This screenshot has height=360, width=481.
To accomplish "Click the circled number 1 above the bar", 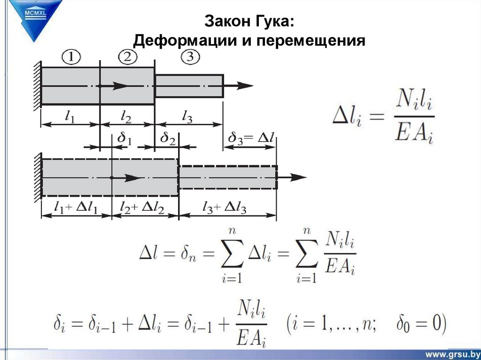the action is [71, 58].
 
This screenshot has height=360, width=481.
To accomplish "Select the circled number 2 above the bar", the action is [127, 58].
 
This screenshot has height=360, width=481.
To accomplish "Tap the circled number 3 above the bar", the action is [189, 58].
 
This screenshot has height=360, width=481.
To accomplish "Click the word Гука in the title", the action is [275, 21].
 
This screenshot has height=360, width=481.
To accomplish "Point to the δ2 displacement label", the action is [168, 138].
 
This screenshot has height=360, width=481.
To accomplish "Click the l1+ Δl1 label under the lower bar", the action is [76, 207].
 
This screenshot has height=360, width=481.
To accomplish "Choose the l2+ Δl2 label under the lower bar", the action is [142, 207].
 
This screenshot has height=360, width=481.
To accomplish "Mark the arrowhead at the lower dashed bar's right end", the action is [298, 177].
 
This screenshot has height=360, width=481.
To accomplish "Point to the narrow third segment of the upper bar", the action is [189, 85].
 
